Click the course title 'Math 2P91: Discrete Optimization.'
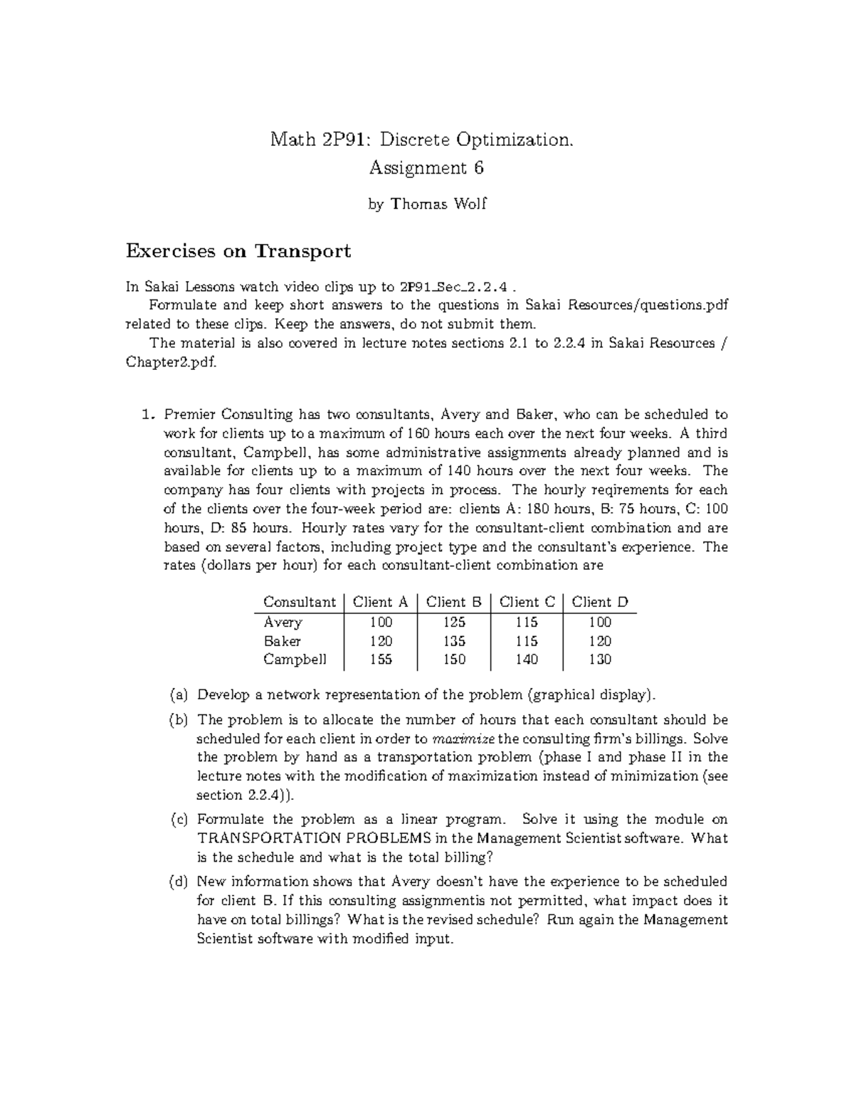421,139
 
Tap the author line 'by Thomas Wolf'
427,204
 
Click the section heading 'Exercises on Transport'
238,251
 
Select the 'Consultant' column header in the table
299,602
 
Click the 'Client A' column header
381,602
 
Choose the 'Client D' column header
600,602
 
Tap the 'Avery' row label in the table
283,622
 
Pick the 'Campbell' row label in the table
295,660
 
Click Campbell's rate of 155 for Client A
381,660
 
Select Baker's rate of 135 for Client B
454,641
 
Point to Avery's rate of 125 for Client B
454,622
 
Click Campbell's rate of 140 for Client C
527,660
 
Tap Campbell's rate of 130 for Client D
600,660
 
